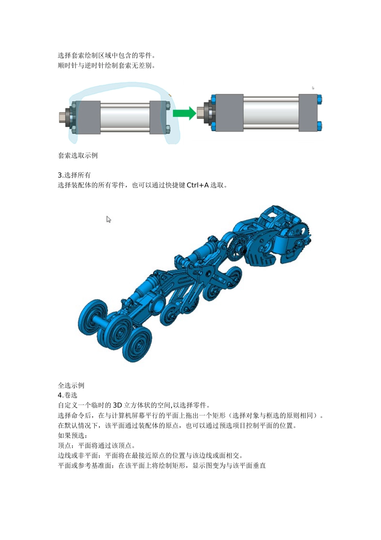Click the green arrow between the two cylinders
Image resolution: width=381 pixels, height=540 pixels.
[x=184, y=113]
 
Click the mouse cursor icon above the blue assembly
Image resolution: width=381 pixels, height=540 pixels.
[x=108, y=219]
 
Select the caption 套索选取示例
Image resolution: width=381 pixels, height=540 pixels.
[x=78, y=155]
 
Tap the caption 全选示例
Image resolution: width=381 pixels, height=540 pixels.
[x=71, y=385]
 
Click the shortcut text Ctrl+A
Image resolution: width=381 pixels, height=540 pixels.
[x=198, y=185]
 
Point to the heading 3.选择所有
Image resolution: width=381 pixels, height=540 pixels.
[x=74, y=175]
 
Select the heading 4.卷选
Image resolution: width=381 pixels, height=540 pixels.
[x=67, y=395]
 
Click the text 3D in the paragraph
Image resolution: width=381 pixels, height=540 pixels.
[x=117, y=405]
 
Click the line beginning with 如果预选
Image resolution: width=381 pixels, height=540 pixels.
[x=73, y=436]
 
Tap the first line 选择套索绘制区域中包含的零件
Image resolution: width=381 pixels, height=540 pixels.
[x=106, y=55]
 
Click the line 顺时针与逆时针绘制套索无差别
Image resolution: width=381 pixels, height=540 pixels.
[x=106, y=65]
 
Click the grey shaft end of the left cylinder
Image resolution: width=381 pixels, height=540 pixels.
[x=63, y=117]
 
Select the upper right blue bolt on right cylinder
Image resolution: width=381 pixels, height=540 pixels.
[x=319, y=99]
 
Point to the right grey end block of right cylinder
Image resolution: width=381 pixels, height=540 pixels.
[x=308, y=112]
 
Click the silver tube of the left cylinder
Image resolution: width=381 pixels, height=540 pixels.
[x=125, y=117]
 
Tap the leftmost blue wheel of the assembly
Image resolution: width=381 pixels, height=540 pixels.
[x=92, y=317]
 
